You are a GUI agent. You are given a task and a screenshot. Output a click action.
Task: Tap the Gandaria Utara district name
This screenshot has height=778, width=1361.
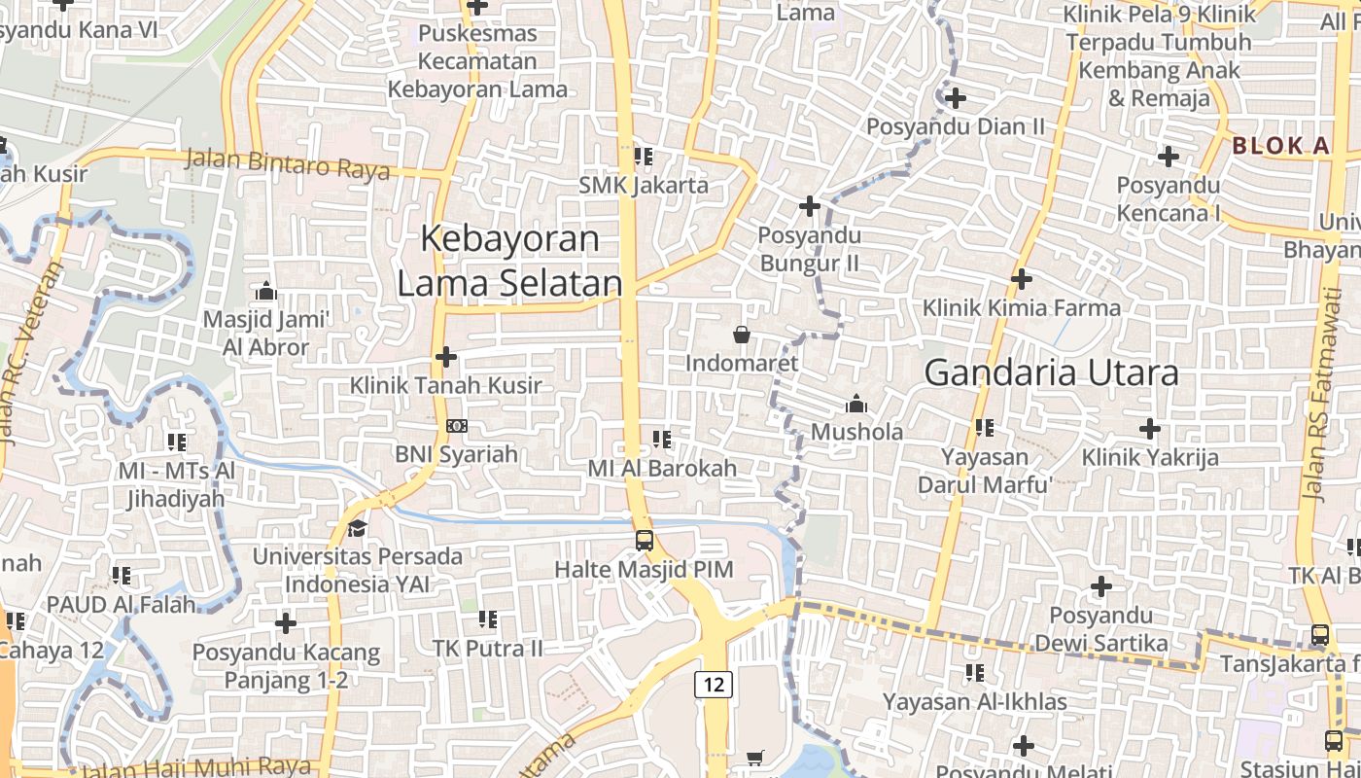coord(1051,372)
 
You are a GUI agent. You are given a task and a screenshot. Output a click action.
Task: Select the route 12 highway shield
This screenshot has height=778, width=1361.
coord(714,684)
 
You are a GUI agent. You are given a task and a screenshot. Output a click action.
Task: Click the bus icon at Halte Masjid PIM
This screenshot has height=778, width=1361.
coord(644,540)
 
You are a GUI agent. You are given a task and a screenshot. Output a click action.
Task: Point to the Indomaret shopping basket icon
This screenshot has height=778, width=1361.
coord(742,335)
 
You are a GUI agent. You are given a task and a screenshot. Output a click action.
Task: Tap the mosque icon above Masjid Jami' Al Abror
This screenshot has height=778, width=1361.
coord(265,291)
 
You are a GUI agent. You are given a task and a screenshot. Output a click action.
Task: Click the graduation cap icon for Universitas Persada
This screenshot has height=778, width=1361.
coord(357,528)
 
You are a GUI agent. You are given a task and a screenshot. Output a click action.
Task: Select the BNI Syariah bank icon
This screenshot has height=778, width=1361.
coord(456,426)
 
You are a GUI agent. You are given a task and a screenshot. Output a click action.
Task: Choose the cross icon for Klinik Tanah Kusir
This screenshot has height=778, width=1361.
coord(446,357)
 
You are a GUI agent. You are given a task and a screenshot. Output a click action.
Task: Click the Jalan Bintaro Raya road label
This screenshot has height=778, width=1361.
coord(287,163)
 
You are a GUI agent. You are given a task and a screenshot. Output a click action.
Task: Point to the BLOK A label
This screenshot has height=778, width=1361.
coord(1280,146)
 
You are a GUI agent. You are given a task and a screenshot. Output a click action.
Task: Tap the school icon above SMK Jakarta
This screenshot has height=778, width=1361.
coord(643,156)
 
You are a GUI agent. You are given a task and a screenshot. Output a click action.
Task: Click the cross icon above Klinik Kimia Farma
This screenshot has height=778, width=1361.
coord(1021,279)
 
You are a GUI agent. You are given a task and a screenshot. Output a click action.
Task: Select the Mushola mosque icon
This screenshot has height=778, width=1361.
coord(856,404)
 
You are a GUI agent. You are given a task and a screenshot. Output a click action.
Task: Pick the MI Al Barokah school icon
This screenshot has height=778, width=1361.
coord(662,440)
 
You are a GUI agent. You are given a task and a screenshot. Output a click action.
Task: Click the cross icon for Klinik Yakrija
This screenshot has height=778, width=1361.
coord(1150,428)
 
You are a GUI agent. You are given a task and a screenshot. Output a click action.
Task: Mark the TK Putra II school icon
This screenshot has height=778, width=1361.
coord(488,619)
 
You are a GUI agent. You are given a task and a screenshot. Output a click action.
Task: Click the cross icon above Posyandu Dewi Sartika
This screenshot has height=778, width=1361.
coord(1100,586)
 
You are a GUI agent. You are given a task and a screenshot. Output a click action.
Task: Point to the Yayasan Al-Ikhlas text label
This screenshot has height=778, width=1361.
coord(974,701)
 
